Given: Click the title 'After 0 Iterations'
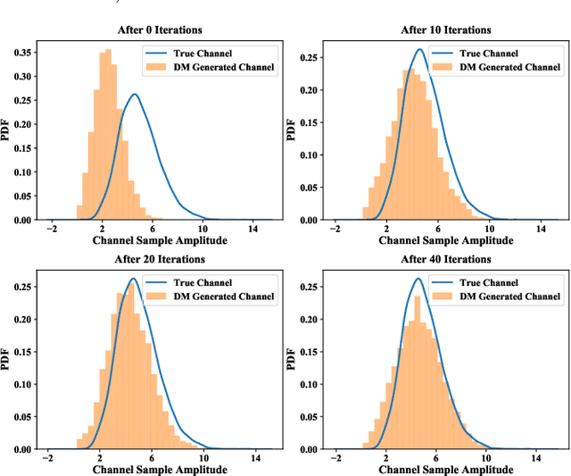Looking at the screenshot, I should coord(161,29).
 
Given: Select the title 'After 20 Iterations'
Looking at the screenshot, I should coord(161,259).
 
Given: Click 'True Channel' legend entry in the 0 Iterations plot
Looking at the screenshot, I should coord(211,53).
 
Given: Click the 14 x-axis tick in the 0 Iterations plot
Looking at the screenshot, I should coord(254,229).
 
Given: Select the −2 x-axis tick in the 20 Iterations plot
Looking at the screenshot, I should coord(51,458).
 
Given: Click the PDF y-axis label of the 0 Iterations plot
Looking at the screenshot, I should coord(7,131).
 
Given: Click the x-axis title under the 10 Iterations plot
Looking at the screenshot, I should coord(446,241).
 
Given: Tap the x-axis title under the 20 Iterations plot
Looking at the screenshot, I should coord(161,470).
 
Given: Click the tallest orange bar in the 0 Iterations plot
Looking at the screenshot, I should coord(107,134).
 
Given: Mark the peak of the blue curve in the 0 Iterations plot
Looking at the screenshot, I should coord(134,95).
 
